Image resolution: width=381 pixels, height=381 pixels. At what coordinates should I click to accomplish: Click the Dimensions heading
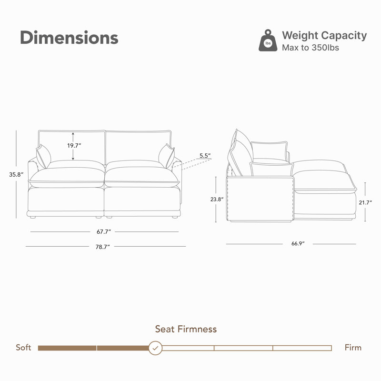point(69,38)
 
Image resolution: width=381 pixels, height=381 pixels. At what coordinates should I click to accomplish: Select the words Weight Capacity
point(324,35)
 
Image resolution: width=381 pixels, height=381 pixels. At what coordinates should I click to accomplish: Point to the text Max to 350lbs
point(311,48)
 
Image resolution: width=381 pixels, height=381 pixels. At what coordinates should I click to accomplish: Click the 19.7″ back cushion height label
point(74,146)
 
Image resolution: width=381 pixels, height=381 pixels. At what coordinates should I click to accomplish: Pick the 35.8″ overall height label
point(16,174)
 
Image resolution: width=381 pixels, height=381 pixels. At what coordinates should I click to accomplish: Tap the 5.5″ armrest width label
point(205,156)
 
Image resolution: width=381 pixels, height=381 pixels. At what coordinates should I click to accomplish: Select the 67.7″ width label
point(104,232)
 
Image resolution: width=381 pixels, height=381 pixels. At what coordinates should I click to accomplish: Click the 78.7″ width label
point(102,247)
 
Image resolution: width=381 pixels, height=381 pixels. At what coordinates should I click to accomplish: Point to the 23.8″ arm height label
point(217,199)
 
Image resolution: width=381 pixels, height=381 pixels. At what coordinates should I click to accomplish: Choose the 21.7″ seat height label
point(365,202)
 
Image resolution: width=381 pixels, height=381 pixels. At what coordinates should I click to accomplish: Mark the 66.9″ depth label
point(298,243)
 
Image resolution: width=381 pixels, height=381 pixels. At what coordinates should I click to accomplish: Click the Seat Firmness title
point(186,329)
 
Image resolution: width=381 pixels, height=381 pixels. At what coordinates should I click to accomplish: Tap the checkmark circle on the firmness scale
point(155,348)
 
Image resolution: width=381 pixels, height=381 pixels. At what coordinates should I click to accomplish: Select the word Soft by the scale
point(23,348)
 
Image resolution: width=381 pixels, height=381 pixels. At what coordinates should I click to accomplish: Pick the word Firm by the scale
point(353,348)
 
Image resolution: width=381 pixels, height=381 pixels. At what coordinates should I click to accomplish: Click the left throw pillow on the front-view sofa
point(43,156)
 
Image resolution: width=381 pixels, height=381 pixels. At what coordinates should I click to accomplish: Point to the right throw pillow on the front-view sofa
point(167,156)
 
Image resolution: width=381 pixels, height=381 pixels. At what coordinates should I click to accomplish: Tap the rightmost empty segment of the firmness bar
point(302,348)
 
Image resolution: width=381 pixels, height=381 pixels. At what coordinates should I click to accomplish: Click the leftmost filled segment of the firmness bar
point(67,348)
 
